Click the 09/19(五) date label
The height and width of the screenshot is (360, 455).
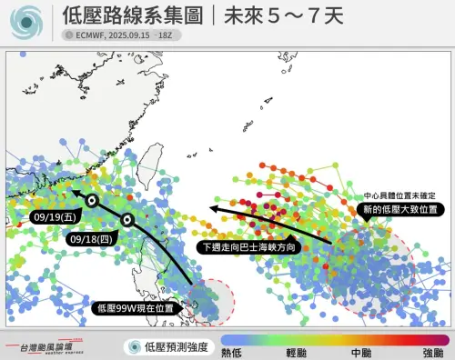tap(53, 217)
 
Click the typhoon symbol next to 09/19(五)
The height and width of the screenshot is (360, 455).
tap(92, 200)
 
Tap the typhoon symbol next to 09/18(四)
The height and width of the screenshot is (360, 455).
tap(128, 219)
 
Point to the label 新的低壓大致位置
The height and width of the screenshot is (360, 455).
tap(399, 209)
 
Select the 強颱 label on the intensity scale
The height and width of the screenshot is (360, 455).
tap(433, 351)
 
